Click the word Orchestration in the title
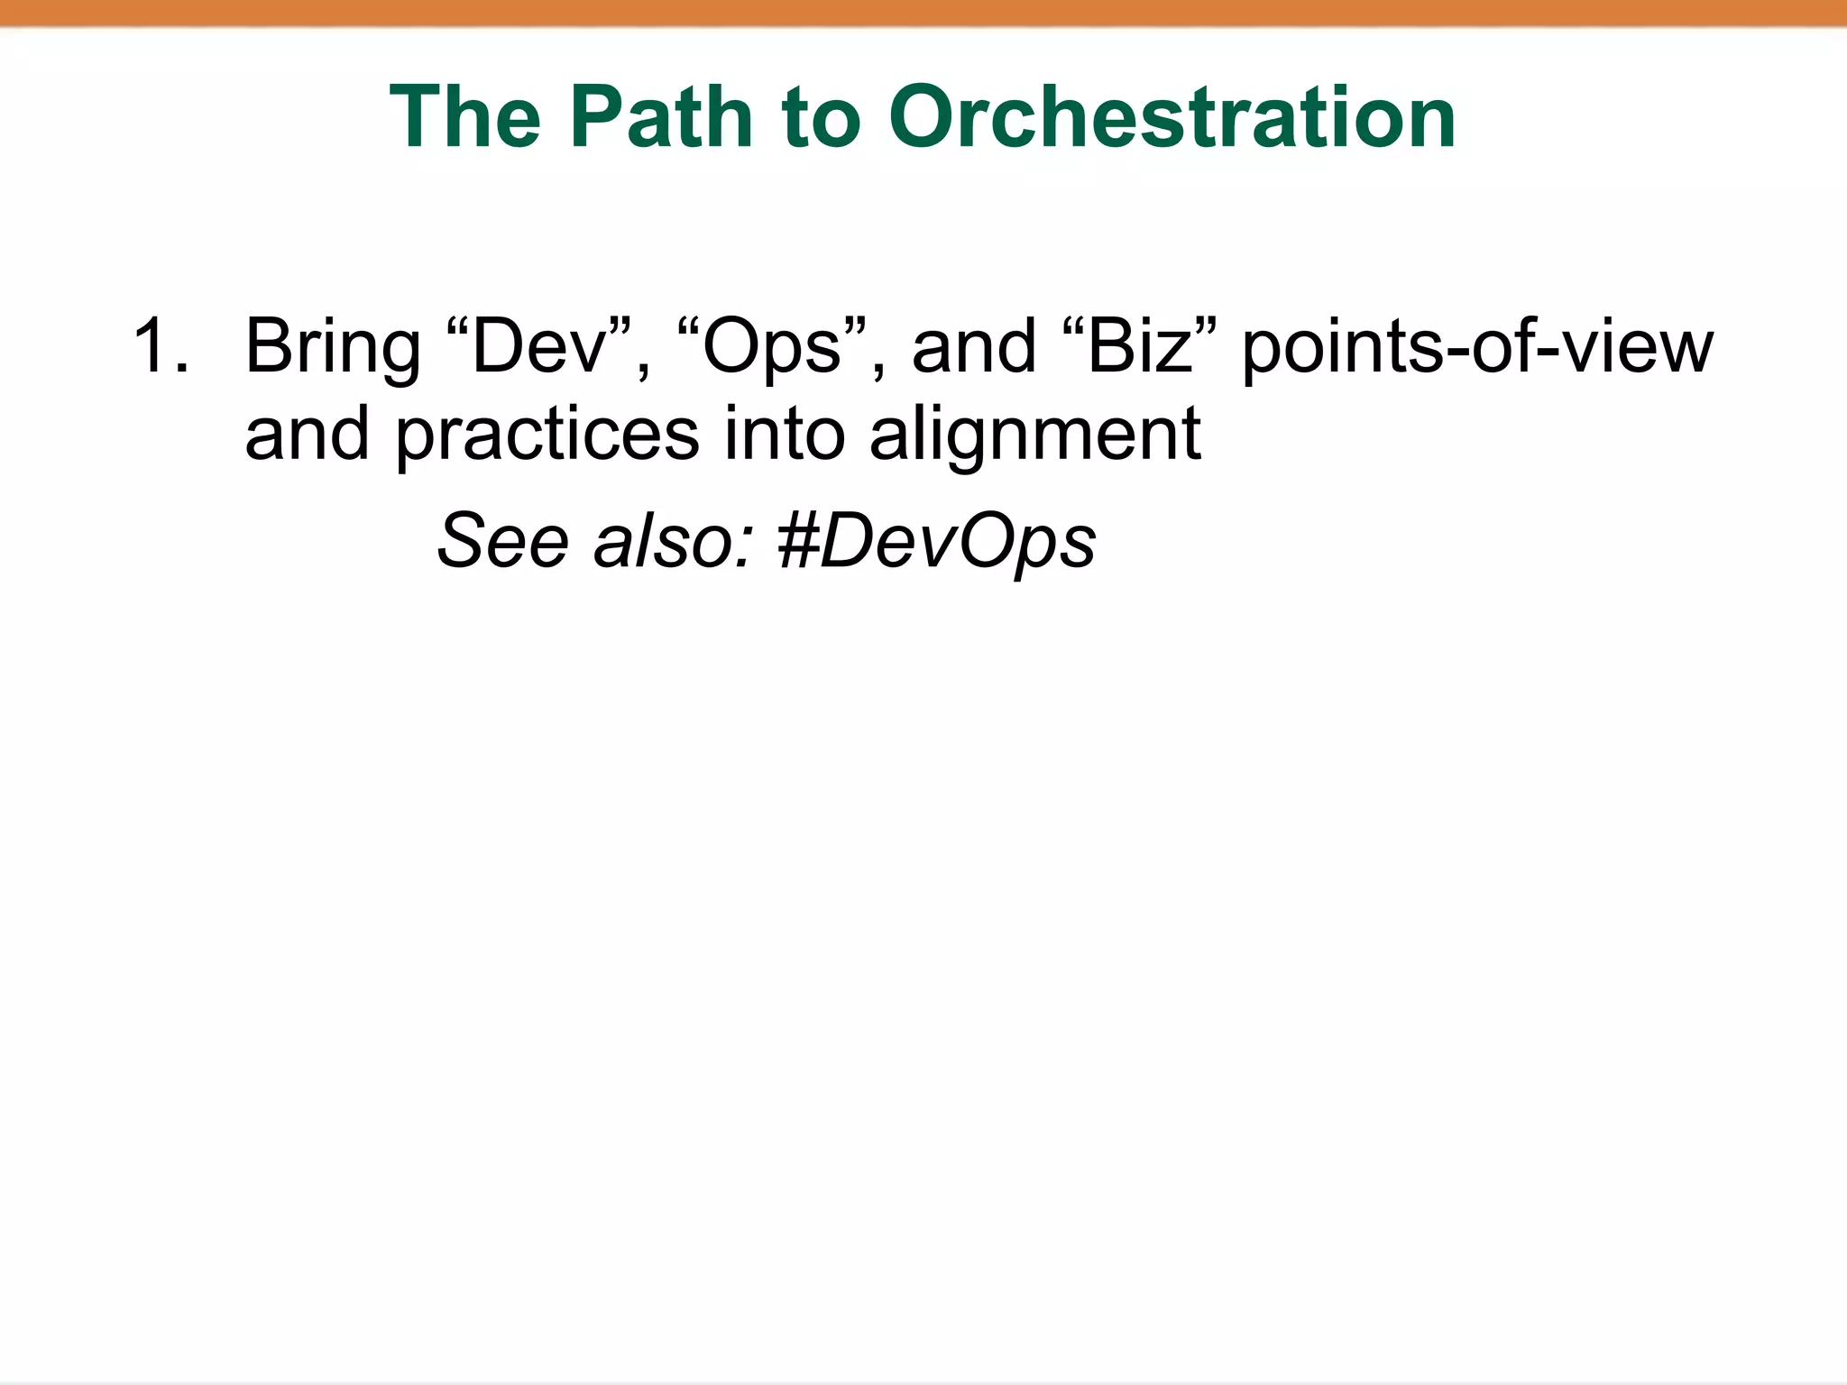coord(1172,117)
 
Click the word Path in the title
coord(660,117)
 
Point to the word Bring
coord(333,348)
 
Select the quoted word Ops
coord(771,348)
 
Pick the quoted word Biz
coord(1140,346)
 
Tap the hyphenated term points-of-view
coord(1476,348)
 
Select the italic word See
coord(503,541)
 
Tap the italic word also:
coord(673,541)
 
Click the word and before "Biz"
coord(974,346)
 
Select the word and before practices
coord(308,434)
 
